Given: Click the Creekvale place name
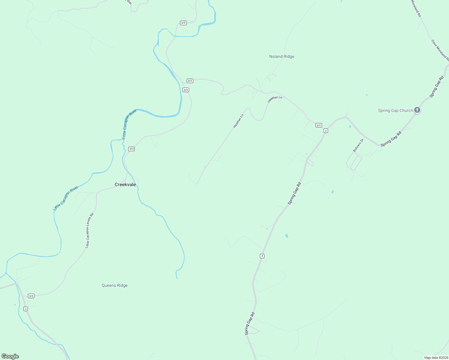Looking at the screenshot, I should [x=125, y=184].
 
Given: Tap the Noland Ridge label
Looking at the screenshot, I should [x=282, y=56].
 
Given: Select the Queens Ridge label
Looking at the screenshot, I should [x=115, y=285].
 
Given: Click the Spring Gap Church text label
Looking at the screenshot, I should [x=395, y=110].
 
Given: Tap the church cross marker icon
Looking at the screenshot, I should [x=417, y=110].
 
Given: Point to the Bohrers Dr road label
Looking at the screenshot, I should [x=358, y=145].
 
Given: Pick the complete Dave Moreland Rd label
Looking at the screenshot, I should [x=440, y=50].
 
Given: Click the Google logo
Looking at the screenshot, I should [x=10, y=356].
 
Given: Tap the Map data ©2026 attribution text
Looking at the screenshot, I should [x=436, y=358].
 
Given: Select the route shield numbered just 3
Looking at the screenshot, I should [x=26, y=309].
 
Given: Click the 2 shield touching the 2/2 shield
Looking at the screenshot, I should [x=326, y=130].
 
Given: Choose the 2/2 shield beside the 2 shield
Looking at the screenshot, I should [x=319, y=125].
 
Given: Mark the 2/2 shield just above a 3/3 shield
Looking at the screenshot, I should [x=190, y=81].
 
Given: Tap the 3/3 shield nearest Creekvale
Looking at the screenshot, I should [x=131, y=149].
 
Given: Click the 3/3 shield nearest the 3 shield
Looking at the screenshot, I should [x=31, y=296].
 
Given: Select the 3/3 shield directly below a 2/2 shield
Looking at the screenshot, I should [x=185, y=90].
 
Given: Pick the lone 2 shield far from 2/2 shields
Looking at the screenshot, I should [x=262, y=256].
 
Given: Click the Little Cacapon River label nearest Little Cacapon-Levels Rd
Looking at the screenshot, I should [x=66, y=198].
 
